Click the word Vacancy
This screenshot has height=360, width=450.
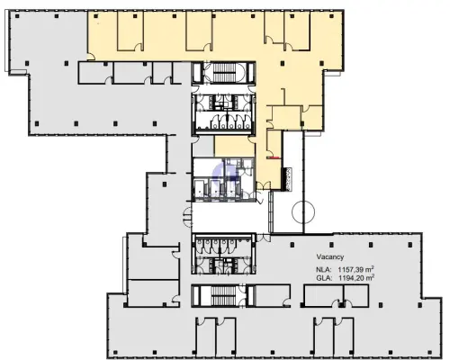coord(330,256)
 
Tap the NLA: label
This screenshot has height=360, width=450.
coord(324,269)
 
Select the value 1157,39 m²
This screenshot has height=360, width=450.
coord(356,268)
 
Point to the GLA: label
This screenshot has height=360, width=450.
coord(324,278)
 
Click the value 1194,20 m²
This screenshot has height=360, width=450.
coord(356,278)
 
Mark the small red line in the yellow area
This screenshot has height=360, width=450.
coord(274,157)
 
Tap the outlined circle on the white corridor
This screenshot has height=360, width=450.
coord(303,211)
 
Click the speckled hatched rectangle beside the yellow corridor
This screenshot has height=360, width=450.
coord(289,179)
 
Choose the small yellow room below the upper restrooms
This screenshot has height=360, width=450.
coord(234,146)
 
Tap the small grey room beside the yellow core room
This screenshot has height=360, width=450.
coord(203,147)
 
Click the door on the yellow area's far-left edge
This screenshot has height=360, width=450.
coord(91,57)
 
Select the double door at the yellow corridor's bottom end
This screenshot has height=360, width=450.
coord(264,186)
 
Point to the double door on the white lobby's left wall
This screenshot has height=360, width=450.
coord(187,217)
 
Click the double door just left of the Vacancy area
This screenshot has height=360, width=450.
coord(264,238)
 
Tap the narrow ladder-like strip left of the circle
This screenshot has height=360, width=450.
coord(271,211)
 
